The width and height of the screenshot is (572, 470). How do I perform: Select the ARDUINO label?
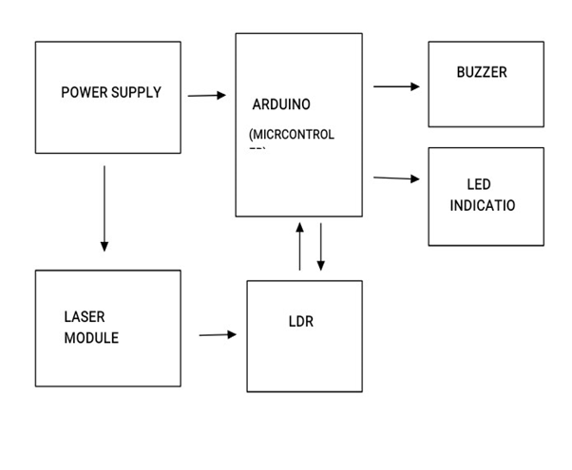[281, 104]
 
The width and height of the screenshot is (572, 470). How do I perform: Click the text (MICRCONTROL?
[291, 135]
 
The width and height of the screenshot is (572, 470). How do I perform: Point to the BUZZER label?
[482, 72]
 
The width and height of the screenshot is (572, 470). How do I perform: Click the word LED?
[479, 184]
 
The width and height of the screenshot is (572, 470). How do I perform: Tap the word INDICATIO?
[483, 205]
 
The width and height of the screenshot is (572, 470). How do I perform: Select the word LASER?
[85, 317]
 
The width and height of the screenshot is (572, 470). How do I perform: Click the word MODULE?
[91, 338]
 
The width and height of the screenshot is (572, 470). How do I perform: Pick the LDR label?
[300, 322]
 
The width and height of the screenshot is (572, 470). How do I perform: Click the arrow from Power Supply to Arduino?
[207, 95]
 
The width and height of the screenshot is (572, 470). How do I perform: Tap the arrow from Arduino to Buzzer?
[396, 86]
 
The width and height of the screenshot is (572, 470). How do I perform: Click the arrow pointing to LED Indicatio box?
[396, 178]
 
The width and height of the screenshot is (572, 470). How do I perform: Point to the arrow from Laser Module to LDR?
[218, 334]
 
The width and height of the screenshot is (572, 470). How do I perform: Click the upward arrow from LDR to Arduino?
[300, 247]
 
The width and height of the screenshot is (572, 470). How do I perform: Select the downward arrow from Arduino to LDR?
[321, 247]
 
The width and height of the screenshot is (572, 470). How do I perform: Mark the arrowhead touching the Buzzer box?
[414, 86]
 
